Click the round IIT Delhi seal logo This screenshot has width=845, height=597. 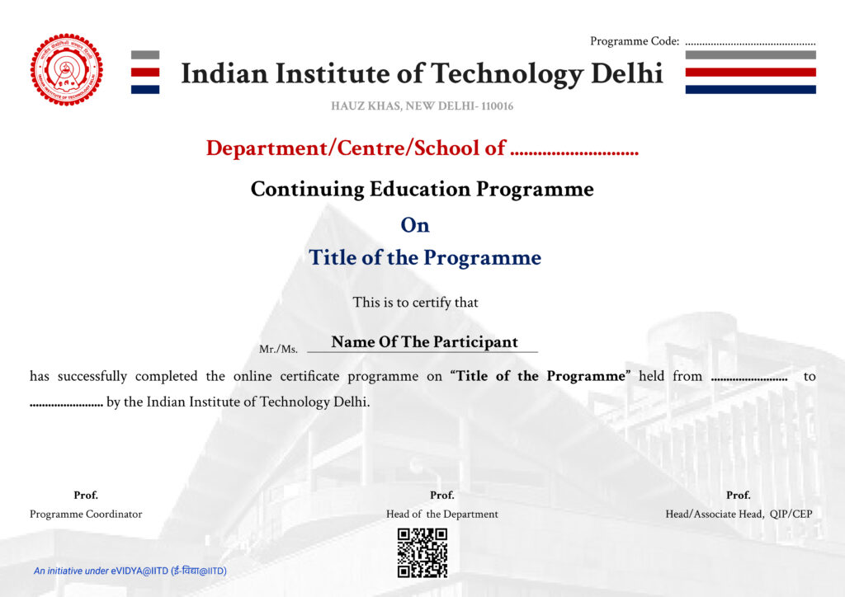[67, 69]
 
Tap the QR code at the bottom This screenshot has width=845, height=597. [422, 552]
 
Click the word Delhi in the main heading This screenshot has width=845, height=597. [627, 73]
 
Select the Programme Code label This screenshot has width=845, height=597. [635, 41]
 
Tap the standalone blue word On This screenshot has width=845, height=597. [415, 225]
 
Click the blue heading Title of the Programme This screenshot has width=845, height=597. [425, 257]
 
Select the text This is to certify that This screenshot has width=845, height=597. [415, 303]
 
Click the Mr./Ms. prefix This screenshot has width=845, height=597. [278, 350]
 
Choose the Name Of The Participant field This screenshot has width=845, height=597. [424, 342]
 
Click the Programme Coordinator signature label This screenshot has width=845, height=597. [86, 514]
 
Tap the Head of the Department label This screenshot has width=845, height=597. [442, 514]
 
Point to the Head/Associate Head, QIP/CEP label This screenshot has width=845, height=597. [739, 514]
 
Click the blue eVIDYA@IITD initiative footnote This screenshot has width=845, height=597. [130, 571]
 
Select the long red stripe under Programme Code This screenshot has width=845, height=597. [750, 72]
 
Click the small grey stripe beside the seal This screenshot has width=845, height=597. [145, 54]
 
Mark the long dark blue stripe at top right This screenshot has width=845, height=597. [750, 89]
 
